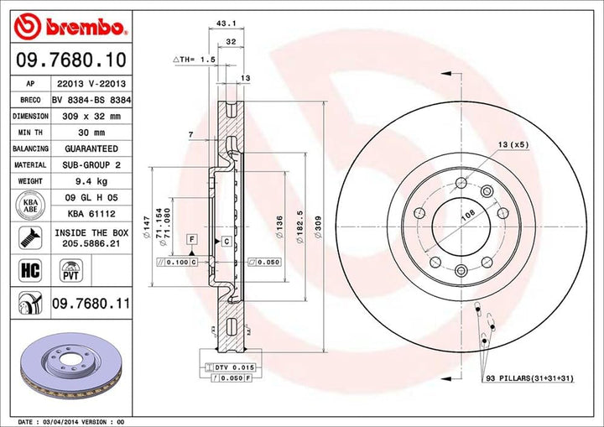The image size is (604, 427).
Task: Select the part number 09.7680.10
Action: (x=70, y=60)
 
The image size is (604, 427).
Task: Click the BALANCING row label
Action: (x=29, y=148)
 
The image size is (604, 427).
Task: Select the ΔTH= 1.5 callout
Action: (x=194, y=60)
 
